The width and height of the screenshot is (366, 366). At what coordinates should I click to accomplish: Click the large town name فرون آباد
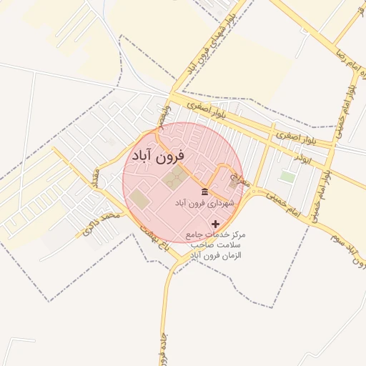158,155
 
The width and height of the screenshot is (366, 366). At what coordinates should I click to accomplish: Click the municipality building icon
205,192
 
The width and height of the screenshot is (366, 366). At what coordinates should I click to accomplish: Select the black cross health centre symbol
216,224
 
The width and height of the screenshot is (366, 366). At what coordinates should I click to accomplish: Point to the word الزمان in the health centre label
231,255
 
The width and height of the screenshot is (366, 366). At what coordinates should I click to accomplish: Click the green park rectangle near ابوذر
287,176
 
